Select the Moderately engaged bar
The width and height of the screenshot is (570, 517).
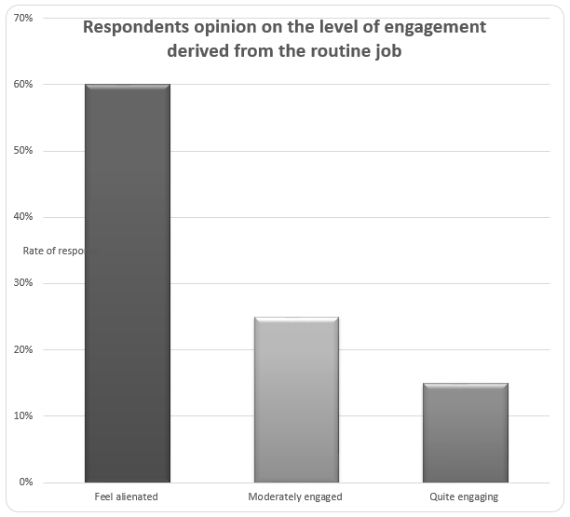tap(296, 400)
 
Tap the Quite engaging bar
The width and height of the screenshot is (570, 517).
tap(465, 432)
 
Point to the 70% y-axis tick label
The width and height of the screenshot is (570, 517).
tap(24, 18)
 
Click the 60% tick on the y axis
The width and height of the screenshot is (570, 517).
tap(24, 85)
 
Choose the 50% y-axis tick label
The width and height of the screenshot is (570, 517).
tap(24, 151)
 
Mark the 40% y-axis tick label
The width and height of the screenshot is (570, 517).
tap(24, 217)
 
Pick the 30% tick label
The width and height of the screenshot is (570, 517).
tap(24, 283)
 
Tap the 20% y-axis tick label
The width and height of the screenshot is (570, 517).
tap(24, 350)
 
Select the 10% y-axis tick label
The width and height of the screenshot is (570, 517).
tap(24, 416)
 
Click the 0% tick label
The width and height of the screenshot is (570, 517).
tap(26, 483)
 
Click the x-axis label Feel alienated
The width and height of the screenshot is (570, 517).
tap(127, 497)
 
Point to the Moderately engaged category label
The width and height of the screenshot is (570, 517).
tap(295, 497)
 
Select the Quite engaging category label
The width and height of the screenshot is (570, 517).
tap(465, 497)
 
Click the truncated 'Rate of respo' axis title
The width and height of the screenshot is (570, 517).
tap(55, 251)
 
